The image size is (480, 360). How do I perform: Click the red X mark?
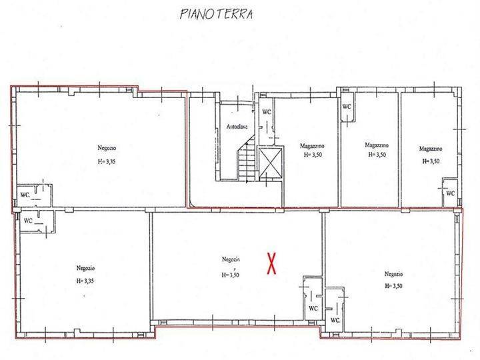point(271,263)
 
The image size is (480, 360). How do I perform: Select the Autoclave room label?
point(237,127)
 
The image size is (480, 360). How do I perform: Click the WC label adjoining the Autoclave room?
point(267,112)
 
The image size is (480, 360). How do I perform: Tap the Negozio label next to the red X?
point(231,259)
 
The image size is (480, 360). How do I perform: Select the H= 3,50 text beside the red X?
point(230,275)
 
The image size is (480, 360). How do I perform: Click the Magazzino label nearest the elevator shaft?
point(312,146)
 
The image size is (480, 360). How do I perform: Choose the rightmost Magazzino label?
point(431,149)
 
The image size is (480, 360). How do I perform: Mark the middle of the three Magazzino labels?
point(377,145)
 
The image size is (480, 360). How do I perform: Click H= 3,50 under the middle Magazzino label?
point(377,155)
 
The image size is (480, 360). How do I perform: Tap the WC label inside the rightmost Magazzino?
point(450,193)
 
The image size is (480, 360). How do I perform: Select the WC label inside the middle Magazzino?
point(347,107)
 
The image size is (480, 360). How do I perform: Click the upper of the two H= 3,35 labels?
point(107,162)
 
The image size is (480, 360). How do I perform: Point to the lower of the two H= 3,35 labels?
point(85,281)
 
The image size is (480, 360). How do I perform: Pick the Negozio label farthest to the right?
point(394,274)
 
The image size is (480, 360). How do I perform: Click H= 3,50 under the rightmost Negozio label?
point(394,286)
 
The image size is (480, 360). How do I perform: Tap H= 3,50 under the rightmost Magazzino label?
point(431,161)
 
